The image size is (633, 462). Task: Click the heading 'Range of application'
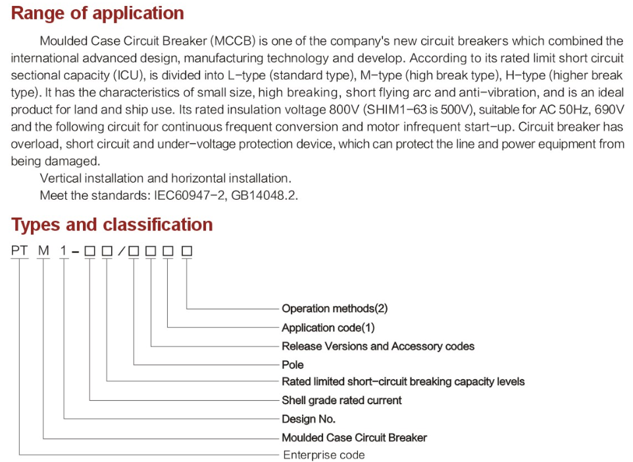tap(97, 14)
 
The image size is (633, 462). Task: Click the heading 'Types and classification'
tap(112, 225)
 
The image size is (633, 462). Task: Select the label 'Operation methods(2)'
tap(335, 309)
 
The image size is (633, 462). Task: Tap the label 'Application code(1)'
tap(328, 328)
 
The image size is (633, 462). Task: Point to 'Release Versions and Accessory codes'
tap(378, 346)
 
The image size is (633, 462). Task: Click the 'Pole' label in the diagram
tap(293, 365)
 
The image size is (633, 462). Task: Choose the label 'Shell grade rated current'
tap(342, 400)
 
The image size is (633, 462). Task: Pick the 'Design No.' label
tap(309, 419)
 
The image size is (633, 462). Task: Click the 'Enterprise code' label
tap(324, 455)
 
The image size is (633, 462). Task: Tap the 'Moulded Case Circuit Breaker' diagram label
tap(355, 438)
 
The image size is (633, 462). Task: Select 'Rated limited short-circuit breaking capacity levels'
tap(403, 382)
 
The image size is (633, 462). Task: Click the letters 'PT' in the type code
tap(19, 251)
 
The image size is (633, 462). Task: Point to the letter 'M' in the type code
tap(43, 251)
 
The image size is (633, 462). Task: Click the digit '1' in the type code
tap(63, 251)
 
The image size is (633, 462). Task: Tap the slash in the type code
tap(122, 251)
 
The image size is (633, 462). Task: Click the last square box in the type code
tap(186, 251)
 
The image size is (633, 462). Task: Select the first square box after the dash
tap(89, 251)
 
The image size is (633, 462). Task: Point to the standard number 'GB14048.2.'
tap(265, 196)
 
